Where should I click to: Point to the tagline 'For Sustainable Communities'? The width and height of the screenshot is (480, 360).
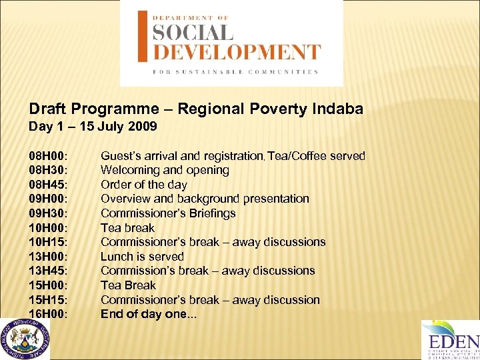click(235, 71)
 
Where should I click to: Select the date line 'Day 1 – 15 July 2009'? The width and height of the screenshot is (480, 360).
click(93, 126)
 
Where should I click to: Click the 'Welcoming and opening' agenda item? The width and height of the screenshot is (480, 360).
click(165, 171)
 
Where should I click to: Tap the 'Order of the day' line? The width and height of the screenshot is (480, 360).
click(143, 185)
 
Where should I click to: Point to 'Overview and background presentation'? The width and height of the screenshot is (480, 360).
click(205, 199)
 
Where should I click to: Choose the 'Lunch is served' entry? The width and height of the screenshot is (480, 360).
click(142, 257)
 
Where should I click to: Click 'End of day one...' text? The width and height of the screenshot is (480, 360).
click(149, 314)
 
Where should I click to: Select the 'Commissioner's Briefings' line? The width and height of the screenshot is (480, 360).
click(168, 213)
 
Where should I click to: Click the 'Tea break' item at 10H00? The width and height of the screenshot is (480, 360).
click(127, 228)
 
